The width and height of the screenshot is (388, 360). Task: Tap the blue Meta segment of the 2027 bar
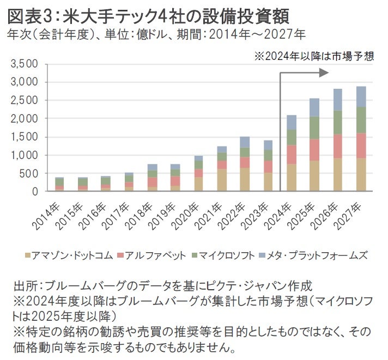click(361, 96)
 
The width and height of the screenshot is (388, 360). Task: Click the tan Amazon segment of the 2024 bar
click(291, 178)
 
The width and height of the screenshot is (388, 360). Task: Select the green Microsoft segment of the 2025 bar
click(314, 127)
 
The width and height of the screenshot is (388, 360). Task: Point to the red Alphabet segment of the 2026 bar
click(338, 146)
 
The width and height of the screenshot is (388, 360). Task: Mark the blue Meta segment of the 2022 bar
click(244, 142)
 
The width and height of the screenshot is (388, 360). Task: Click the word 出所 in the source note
click(29, 285)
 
